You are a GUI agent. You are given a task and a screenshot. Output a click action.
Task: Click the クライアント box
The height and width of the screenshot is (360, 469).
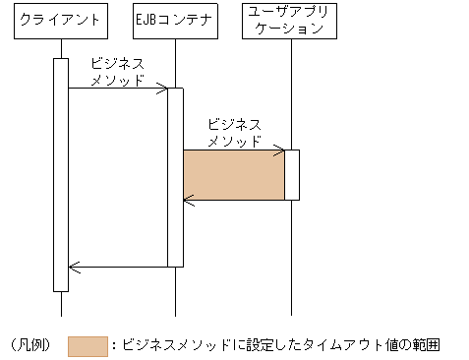60,20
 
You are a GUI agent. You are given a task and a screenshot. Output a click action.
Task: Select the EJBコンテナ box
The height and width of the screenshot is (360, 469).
175,20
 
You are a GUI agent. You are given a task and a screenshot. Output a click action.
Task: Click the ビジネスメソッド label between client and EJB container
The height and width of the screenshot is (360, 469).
117,71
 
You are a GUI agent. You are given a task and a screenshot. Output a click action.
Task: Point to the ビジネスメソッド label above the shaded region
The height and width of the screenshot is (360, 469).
235,133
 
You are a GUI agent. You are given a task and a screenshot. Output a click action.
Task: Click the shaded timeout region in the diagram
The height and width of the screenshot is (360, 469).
234,175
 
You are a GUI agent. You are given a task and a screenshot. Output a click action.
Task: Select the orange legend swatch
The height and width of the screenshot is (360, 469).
88,345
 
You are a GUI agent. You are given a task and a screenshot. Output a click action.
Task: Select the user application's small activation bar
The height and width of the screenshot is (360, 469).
292,175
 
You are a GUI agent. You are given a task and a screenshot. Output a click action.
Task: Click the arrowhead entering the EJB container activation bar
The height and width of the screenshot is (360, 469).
164,89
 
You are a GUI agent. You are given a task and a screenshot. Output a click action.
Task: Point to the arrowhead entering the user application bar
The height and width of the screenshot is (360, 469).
280,150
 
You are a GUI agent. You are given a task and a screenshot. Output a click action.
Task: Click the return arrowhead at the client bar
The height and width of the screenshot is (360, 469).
72,267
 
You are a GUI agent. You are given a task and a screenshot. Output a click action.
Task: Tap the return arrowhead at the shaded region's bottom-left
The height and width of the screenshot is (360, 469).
187,201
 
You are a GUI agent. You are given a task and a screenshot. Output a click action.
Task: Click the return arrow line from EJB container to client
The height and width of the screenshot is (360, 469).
118,267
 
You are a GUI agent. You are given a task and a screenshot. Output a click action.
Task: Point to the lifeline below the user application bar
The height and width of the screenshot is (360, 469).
292,256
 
